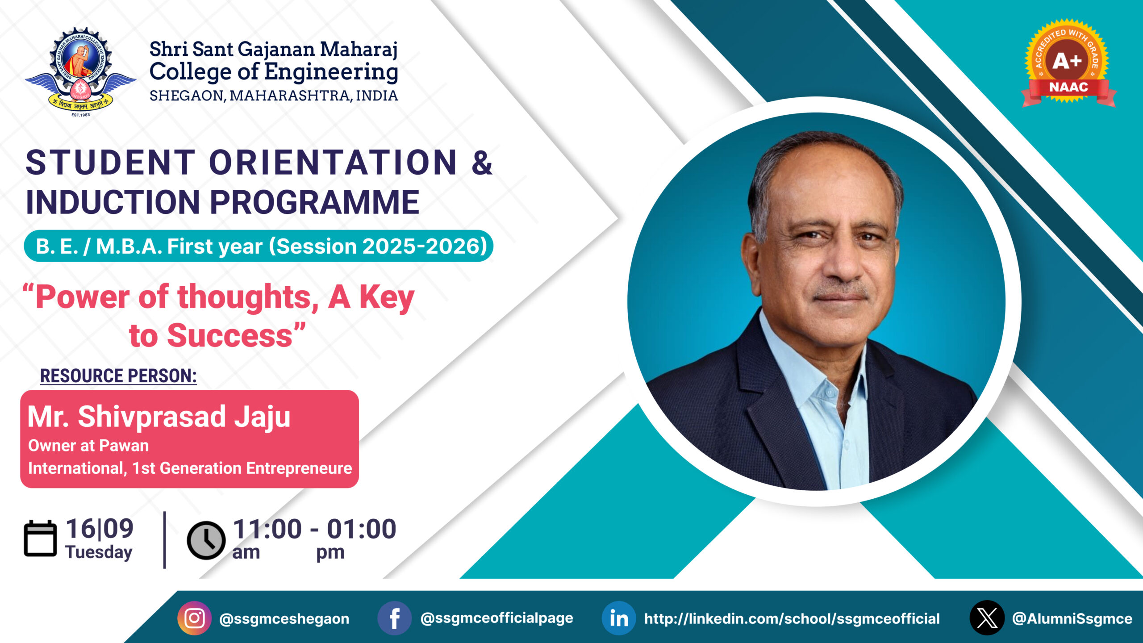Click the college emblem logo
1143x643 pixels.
click(x=80, y=72)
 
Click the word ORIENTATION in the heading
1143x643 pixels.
click(x=333, y=162)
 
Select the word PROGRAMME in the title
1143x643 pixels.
click(x=314, y=202)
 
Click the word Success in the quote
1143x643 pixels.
click(x=230, y=336)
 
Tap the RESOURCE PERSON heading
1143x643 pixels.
click(x=118, y=376)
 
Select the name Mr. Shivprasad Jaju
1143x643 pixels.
click(x=159, y=417)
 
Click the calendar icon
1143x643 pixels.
click(x=40, y=539)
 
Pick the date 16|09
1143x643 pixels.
click(x=100, y=529)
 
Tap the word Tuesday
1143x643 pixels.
click(x=99, y=552)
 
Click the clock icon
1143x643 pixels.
click(x=206, y=540)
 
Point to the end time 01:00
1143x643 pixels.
click(x=361, y=529)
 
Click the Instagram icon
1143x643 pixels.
click(x=195, y=618)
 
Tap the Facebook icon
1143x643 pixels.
click(x=394, y=618)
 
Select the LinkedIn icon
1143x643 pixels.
click(x=619, y=618)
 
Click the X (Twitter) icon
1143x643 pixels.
click(x=987, y=618)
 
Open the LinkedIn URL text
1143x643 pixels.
click(x=792, y=619)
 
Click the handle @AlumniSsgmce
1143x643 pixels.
click(x=1072, y=619)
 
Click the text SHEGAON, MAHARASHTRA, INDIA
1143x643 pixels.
click(x=274, y=96)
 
